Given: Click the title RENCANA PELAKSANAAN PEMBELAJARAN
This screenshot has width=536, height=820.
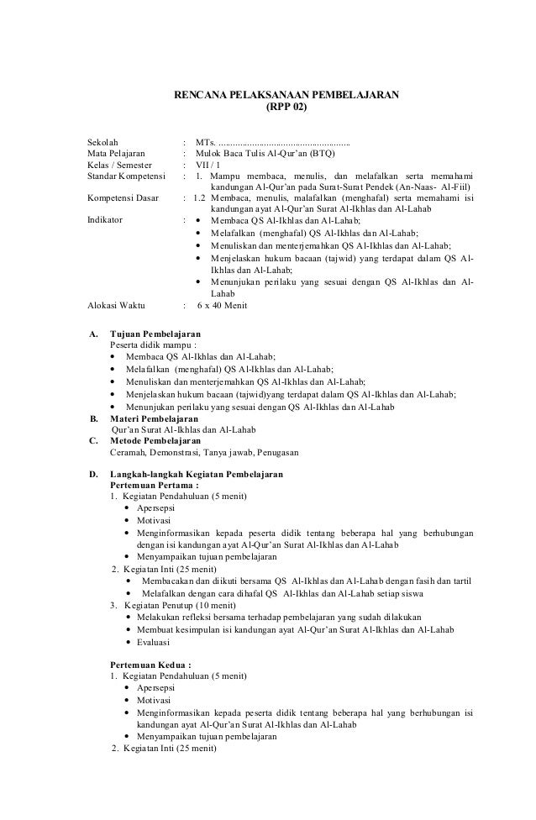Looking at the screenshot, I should pyautogui.click(x=286, y=95).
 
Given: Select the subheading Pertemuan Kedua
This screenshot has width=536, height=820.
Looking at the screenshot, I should pyautogui.click(x=151, y=664).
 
